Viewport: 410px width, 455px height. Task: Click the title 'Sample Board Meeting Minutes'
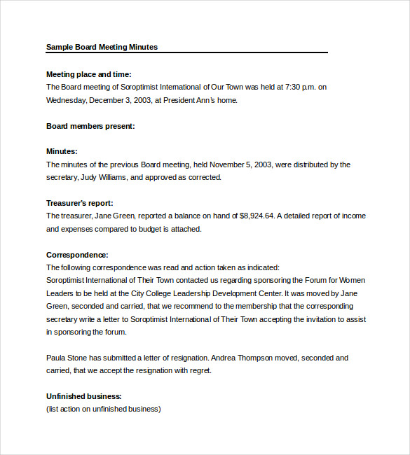[x=102, y=47]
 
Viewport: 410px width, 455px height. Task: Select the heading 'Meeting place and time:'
[x=88, y=74]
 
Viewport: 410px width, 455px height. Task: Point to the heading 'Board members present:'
[x=90, y=126]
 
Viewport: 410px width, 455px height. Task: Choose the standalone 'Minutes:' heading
[x=62, y=151]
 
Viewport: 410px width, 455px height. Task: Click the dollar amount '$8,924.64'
[x=258, y=216]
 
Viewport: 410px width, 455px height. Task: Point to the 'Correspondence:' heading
[x=77, y=255]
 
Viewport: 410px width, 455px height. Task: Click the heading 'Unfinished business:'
[x=84, y=396]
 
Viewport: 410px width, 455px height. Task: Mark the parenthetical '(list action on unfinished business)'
[x=104, y=409]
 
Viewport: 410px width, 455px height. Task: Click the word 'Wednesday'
[x=66, y=100]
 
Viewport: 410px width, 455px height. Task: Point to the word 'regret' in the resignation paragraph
[x=198, y=370]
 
